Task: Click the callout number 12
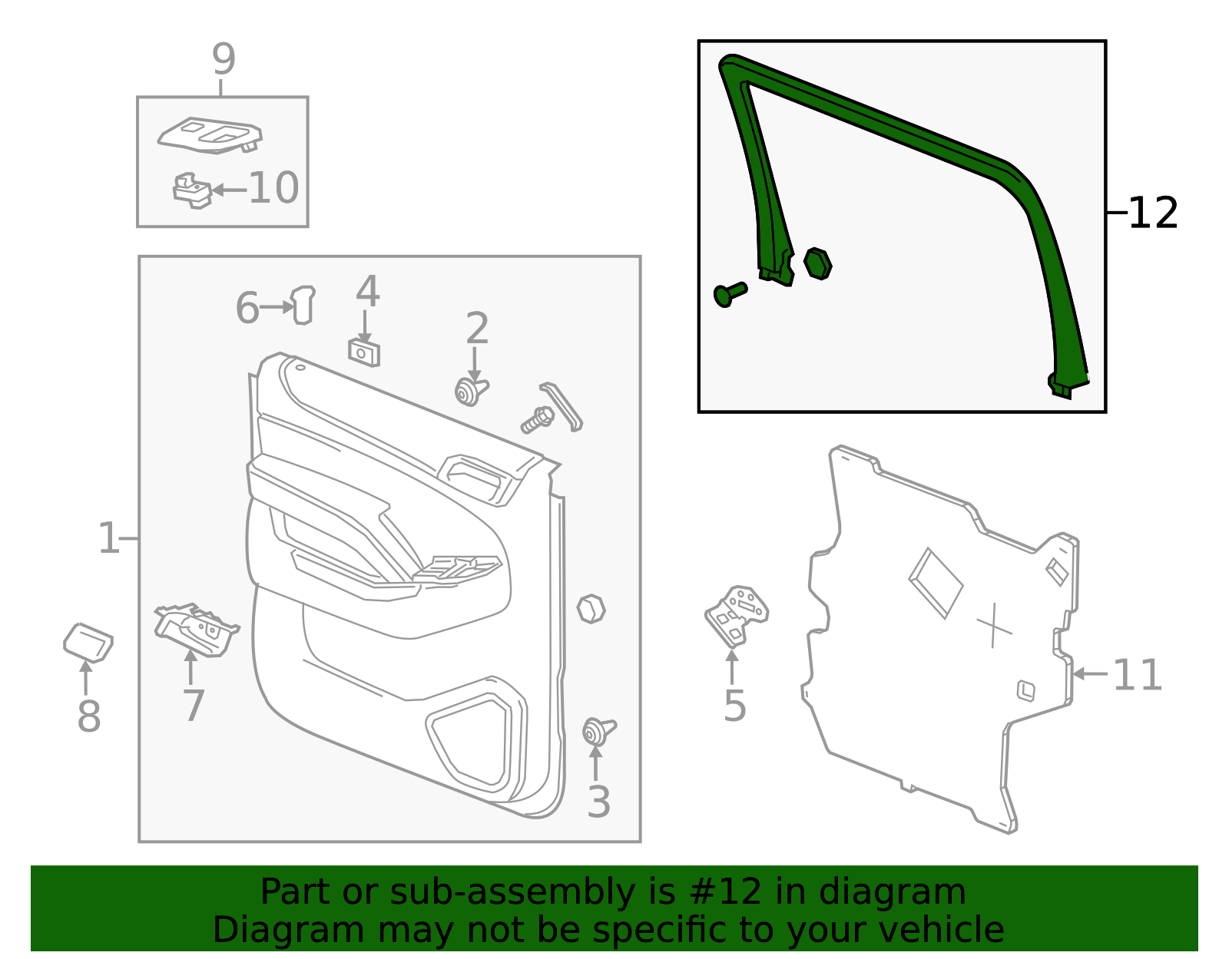[x=1153, y=213]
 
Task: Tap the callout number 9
[x=224, y=59]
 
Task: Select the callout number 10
[x=273, y=187]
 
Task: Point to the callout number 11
[x=1137, y=676]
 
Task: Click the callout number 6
[x=247, y=308]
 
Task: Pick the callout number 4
[x=368, y=292]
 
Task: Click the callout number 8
[x=89, y=716]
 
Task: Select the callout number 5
[x=734, y=706]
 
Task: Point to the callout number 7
[x=194, y=706]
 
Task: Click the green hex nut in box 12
[x=817, y=263]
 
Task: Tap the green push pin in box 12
[x=730, y=294]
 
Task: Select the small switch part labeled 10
[x=192, y=190]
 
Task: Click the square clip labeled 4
[x=363, y=353]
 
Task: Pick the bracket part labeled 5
[x=736, y=616]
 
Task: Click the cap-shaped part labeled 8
[x=88, y=643]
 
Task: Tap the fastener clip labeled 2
[x=471, y=391]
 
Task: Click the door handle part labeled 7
[x=196, y=630]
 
